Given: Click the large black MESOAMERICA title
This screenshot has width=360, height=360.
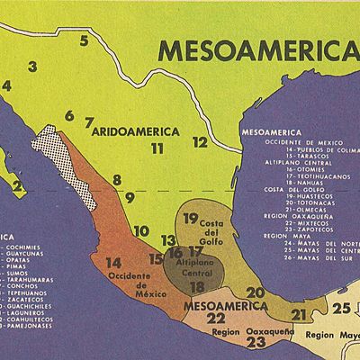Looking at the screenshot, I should tap(252, 49).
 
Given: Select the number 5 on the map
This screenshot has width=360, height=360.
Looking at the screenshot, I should tap(84, 40).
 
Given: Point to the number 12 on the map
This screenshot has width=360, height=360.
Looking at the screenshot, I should tap(200, 142).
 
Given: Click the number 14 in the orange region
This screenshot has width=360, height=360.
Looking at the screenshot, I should tap(113, 263).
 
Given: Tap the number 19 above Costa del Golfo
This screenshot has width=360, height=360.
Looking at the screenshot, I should tap(191, 219).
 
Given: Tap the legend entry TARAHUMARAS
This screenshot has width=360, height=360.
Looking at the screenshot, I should tap(32, 281).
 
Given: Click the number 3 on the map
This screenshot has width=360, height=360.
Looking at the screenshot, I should tap(32, 66).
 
